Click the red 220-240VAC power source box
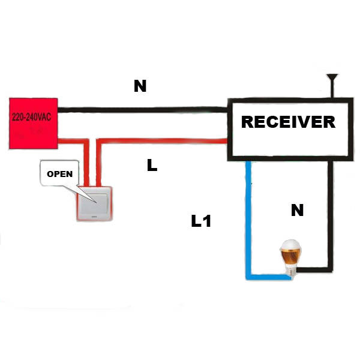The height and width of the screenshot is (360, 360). coord(33,123)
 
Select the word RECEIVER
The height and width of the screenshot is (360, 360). coord(288,122)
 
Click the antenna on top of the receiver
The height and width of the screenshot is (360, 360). coord(332,84)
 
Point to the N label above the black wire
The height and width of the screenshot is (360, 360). coord(140,86)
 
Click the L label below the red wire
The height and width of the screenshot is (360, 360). coord(152,165)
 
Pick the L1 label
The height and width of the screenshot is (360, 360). coord(201,221)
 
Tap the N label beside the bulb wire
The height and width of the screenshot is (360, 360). coord(297,211)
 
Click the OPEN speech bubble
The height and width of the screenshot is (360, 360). coord(59,175)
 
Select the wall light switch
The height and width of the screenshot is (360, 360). coord(95,205)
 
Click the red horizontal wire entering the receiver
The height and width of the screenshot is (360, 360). coord(162,142)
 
